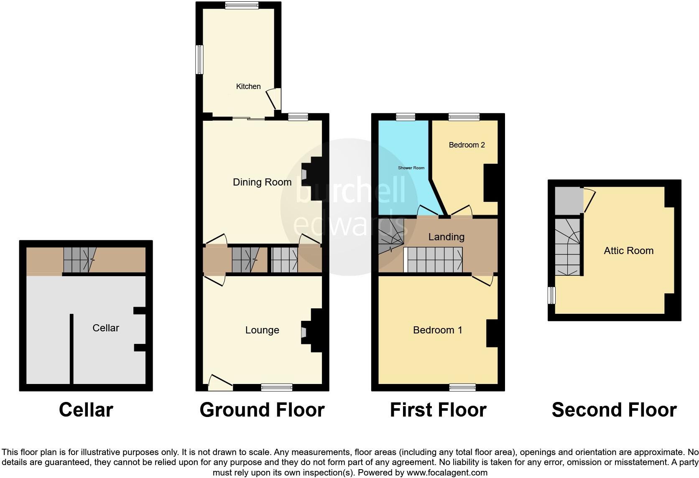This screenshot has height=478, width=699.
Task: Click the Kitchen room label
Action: click(x=248, y=86)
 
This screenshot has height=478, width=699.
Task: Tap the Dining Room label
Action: click(x=262, y=182)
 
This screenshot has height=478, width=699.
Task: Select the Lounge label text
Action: click(x=262, y=330)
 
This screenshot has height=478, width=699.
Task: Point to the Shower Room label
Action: click(x=411, y=168)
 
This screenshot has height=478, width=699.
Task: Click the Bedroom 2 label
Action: click(x=467, y=145)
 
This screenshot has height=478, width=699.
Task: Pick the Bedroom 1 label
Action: click(x=437, y=330)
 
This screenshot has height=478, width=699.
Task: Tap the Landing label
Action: click(x=446, y=237)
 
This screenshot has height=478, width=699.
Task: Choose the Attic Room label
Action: click(x=628, y=251)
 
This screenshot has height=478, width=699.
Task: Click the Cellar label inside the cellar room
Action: click(x=106, y=328)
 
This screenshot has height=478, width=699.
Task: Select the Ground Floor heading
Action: click(x=262, y=410)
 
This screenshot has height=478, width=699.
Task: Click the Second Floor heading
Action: click(x=614, y=410)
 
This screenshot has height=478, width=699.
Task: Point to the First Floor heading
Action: click(x=438, y=410)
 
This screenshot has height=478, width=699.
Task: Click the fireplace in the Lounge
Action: click(x=304, y=332)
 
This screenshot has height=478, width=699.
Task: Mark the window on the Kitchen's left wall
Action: click(x=200, y=60)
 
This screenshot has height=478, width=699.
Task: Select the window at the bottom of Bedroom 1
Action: click(x=462, y=387)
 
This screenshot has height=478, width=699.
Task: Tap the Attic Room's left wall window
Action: click(x=552, y=295)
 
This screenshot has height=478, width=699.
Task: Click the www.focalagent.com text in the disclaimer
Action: click(x=446, y=473)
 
